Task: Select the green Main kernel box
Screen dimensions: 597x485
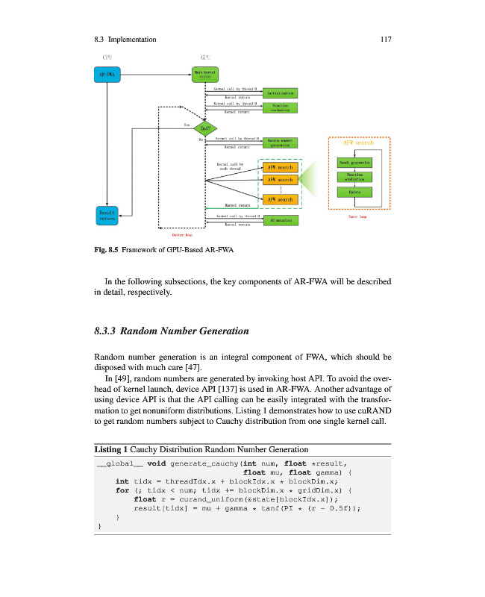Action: (x=208, y=75)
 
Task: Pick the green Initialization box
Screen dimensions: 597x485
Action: (x=280, y=93)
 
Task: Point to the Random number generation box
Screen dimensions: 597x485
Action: (x=280, y=143)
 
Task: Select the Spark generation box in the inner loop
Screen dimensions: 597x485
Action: (x=354, y=161)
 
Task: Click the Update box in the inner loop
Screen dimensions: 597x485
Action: (x=354, y=193)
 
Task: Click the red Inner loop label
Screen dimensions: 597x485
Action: (x=357, y=217)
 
